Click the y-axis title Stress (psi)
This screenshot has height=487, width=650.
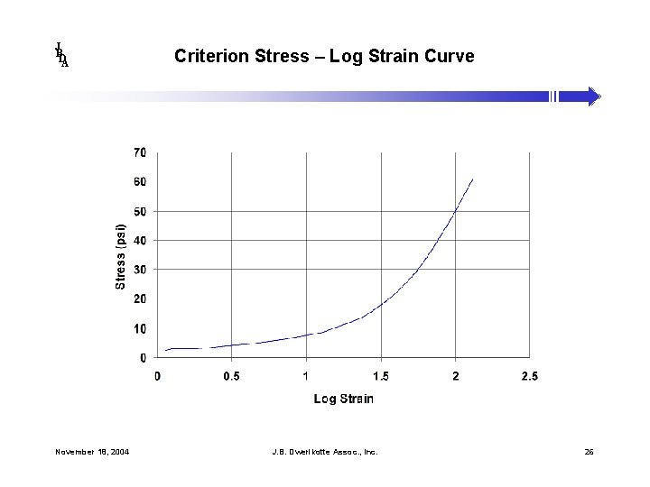(x=121, y=257)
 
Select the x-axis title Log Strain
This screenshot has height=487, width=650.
(x=343, y=399)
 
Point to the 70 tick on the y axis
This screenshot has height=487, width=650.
(x=140, y=153)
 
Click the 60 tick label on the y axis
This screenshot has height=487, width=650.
(x=140, y=182)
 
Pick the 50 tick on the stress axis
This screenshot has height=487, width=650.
(x=140, y=212)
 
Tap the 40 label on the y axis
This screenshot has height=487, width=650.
(x=140, y=241)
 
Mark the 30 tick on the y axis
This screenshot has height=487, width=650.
(x=140, y=270)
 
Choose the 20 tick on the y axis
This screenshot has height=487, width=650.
(x=140, y=299)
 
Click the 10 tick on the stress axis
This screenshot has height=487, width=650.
(x=140, y=329)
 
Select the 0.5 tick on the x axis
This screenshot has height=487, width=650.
(x=231, y=376)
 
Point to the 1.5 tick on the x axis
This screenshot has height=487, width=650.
(x=380, y=376)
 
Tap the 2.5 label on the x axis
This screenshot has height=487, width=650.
(x=529, y=376)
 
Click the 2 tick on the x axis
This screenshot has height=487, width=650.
(x=455, y=376)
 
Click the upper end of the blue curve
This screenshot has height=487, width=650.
(x=472, y=179)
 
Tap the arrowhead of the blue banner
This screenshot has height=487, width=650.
(x=595, y=96)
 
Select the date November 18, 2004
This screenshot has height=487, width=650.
(x=91, y=451)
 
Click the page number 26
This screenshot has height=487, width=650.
(x=589, y=451)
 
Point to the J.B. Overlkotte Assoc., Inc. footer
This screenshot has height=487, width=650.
(x=325, y=451)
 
